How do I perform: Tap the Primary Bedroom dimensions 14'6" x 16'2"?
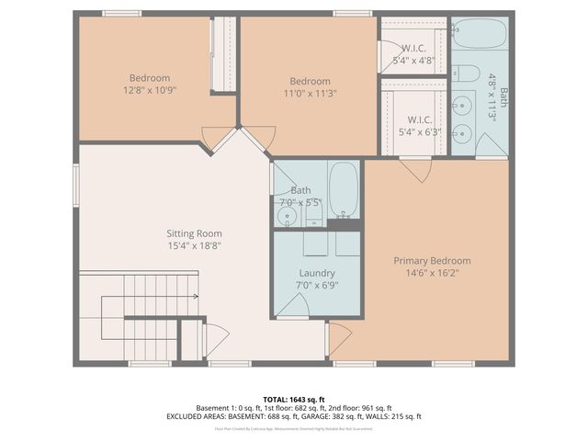coord(432,273)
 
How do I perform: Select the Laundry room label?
coord(317,273)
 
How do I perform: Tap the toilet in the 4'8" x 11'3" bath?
coord(468,73)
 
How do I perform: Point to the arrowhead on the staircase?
coord(195,297)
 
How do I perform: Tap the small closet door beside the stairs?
coord(214,342)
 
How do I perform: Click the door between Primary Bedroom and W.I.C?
coord(415,168)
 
